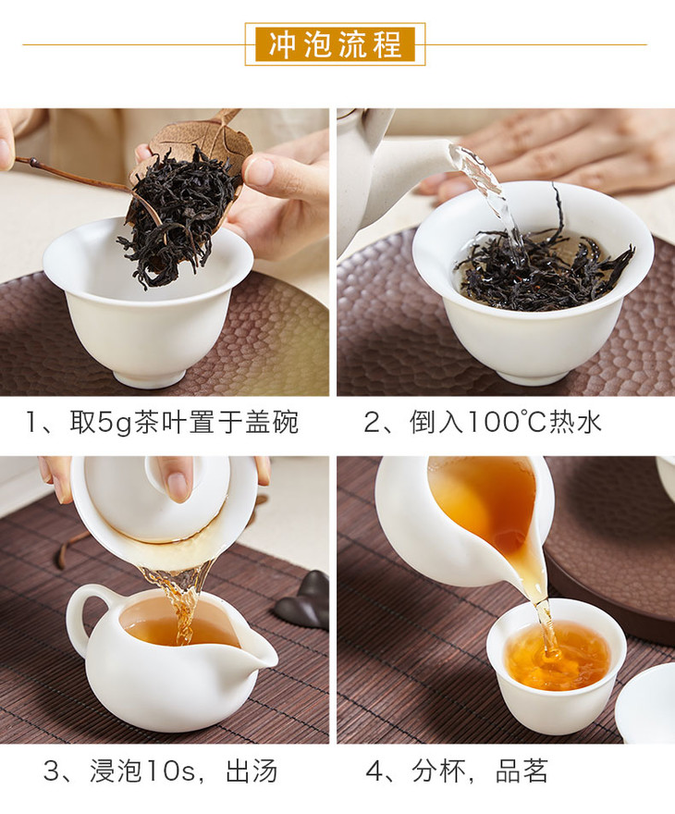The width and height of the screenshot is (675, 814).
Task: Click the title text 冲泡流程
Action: pyautogui.click(x=335, y=44)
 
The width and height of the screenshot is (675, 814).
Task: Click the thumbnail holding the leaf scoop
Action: pyautogui.click(x=260, y=171)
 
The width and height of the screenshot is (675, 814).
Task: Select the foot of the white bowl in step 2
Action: pyautogui.click(x=532, y=376)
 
